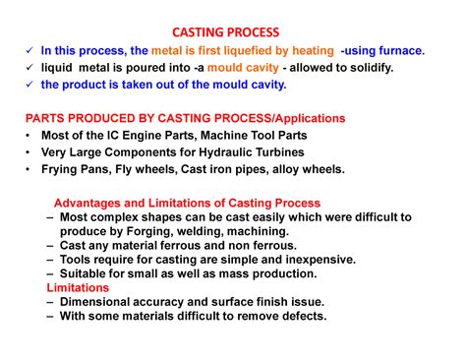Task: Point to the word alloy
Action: pyautogui.click(x=276, y=169)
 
